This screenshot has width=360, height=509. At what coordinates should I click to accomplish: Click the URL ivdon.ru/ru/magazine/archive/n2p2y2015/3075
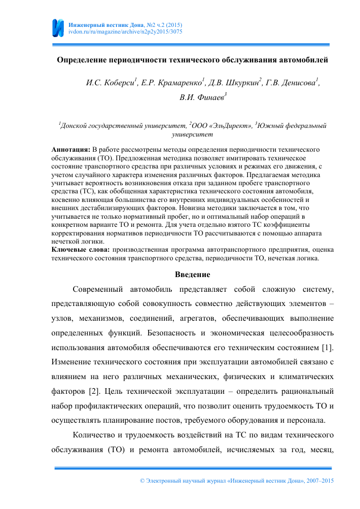pyautogui.click(x=125, y=31)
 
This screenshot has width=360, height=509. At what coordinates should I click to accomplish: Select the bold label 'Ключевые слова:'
pyautogui.click(x=81, y=250)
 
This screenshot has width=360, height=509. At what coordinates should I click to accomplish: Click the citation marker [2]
pyautogui.click(x=106, y=392)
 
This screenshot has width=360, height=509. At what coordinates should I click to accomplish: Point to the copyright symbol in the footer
pyautogui.click(x=141, y=480)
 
